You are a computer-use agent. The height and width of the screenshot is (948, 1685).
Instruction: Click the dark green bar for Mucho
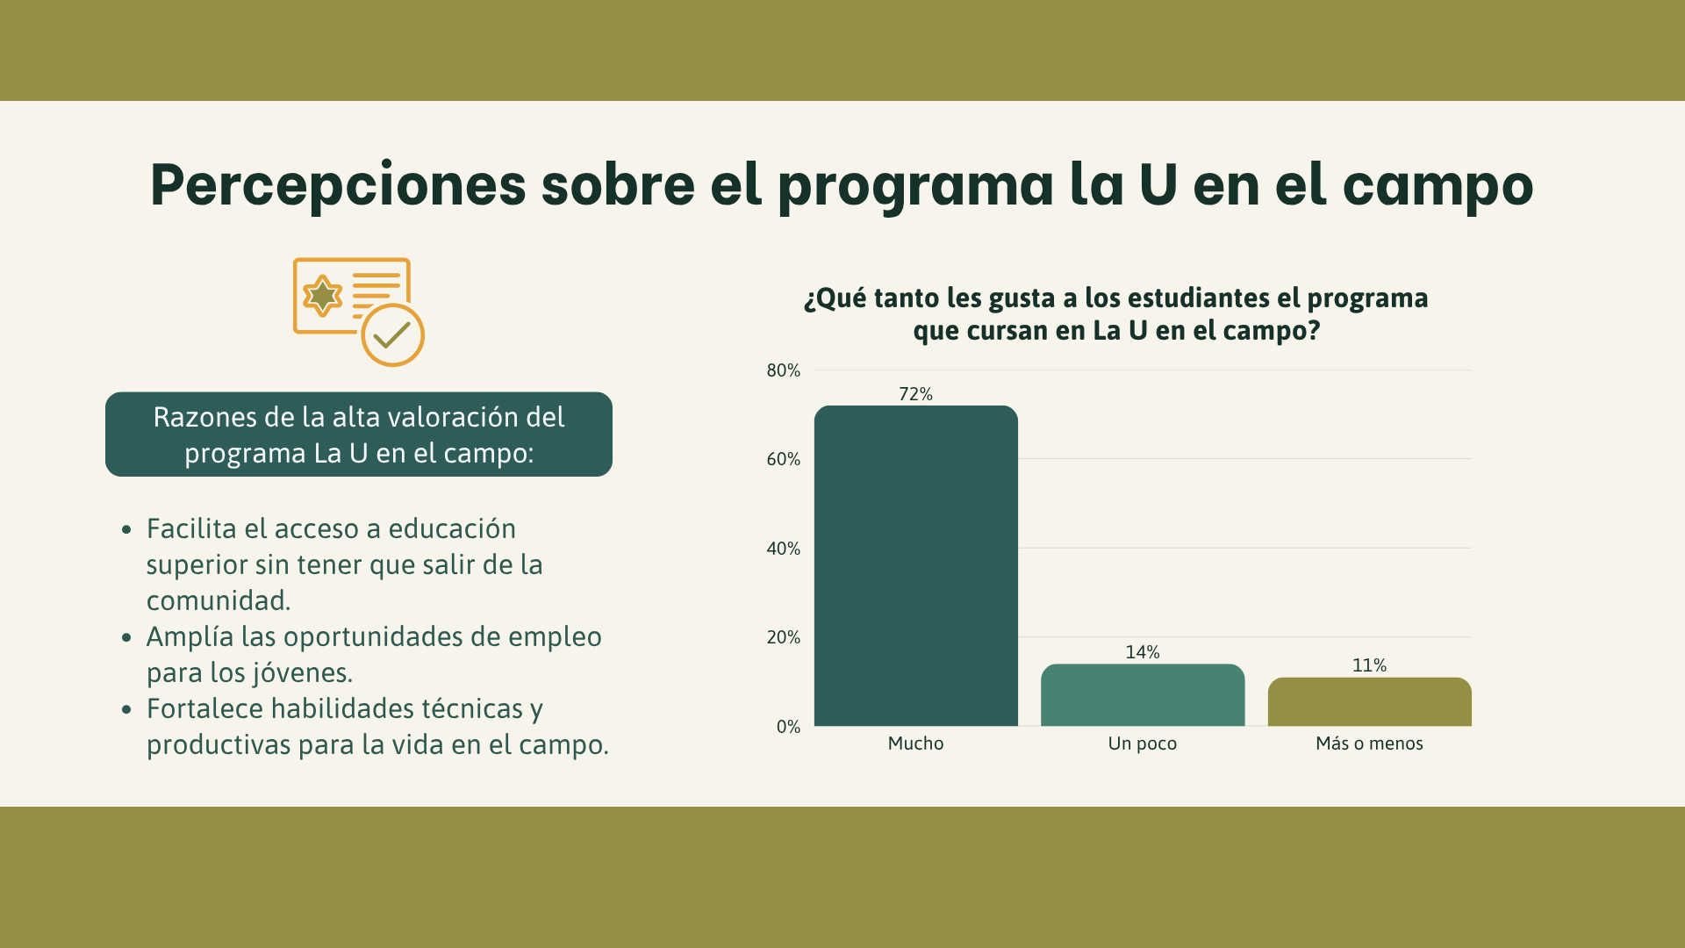(915, 565)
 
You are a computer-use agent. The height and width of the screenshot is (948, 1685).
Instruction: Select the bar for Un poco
(1143, 695)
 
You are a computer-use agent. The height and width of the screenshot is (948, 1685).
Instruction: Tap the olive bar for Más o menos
(1369, 701)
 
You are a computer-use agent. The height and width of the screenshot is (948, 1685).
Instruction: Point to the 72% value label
(915, 394)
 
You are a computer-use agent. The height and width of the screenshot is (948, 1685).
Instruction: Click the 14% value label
(1143, 652)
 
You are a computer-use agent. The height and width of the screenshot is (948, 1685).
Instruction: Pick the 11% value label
(1369, 665)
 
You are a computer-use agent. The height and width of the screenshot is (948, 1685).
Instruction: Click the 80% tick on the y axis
(784, 370)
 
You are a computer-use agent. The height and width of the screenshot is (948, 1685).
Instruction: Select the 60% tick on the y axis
(784, 459)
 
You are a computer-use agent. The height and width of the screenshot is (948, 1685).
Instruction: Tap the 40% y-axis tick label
(784, 549)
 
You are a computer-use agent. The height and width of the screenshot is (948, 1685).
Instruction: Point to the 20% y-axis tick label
(784, 637)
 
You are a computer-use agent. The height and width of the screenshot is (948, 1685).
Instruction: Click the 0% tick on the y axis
(788, 727)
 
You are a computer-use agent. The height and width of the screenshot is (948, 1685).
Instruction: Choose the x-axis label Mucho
(915, 743)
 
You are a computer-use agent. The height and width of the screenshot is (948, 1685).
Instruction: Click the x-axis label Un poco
(1143, 743)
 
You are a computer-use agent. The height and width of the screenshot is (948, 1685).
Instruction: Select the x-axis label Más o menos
(1369, 743)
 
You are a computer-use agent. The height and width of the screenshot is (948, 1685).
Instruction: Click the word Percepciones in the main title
(338, 186)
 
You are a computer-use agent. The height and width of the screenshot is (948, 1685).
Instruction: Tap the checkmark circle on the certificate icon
(393, 334)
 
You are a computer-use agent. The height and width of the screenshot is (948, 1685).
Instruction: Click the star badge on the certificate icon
(322, 296)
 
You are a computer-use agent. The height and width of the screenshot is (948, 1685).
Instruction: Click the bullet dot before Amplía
(127, 637)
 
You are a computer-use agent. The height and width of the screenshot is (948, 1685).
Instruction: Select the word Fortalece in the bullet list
(204, 708)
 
